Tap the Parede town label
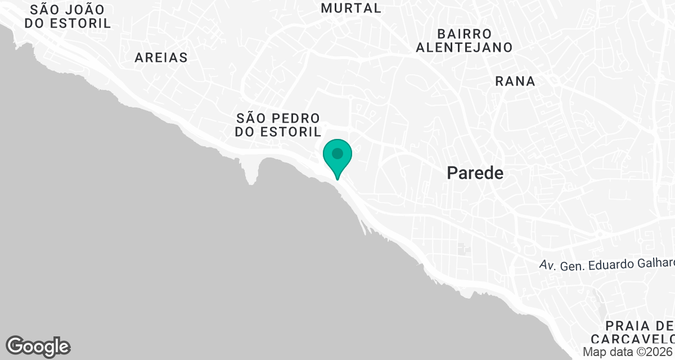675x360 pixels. [x=475, y=173]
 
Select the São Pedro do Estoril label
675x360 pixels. [x=278, y=125]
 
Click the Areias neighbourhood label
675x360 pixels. [x=161, y=57]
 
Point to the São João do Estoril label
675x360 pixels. [x=71, y=16]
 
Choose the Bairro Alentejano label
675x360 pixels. [x=464, y=40]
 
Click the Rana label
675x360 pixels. [x=515, y=82]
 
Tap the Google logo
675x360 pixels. [x=38, y=346]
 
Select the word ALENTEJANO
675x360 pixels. [x=464, y=47]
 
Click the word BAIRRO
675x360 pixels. [x=464, y=34]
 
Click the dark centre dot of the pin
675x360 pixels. [x=337, y=153]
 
